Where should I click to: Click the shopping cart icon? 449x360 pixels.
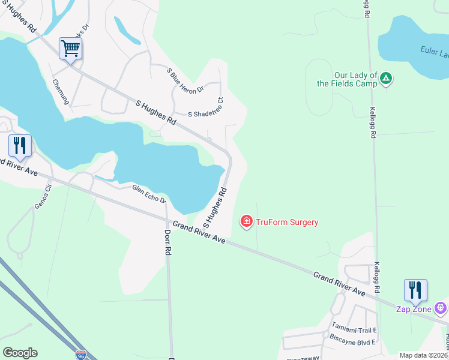coord(70,48)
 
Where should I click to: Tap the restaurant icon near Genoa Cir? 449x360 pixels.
coord(20,146)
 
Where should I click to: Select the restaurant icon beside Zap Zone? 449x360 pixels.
coord(415,290)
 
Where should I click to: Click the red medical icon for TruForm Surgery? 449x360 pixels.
coord(246,222)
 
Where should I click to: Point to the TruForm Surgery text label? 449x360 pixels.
coord(287,222)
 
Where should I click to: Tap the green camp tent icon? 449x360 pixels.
coord(387,79)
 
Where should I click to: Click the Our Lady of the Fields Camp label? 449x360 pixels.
coord(347,79)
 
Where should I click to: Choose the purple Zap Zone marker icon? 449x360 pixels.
coord(441,308)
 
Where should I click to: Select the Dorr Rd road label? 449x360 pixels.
coord(167,242)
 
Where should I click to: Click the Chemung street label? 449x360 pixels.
coord(61,92)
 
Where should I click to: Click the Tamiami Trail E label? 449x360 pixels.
coord(354,330)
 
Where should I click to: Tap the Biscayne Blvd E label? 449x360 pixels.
coord(352,342)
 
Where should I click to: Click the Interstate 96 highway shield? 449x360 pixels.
coord(81,356)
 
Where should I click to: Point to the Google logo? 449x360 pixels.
coord(20,353)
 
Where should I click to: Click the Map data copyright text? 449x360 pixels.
coord(424,355)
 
